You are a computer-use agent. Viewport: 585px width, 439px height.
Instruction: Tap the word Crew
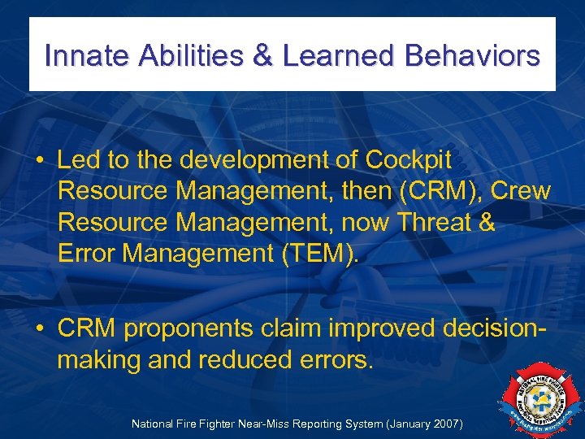(521, 192)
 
